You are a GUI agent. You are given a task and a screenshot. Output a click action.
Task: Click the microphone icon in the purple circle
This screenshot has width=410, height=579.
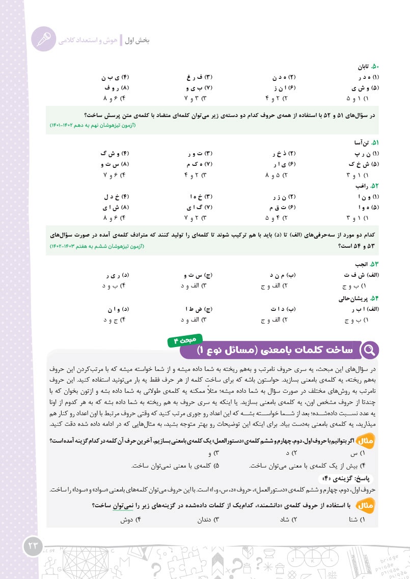[x=43, y=39]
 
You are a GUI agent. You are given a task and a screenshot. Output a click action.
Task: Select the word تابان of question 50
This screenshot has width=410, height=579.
[x=363, y=67]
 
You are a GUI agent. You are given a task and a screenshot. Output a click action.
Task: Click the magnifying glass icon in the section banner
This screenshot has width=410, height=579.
[x=370, y=350]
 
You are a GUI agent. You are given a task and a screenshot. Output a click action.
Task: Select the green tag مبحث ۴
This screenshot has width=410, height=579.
[x=185, y=339]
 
